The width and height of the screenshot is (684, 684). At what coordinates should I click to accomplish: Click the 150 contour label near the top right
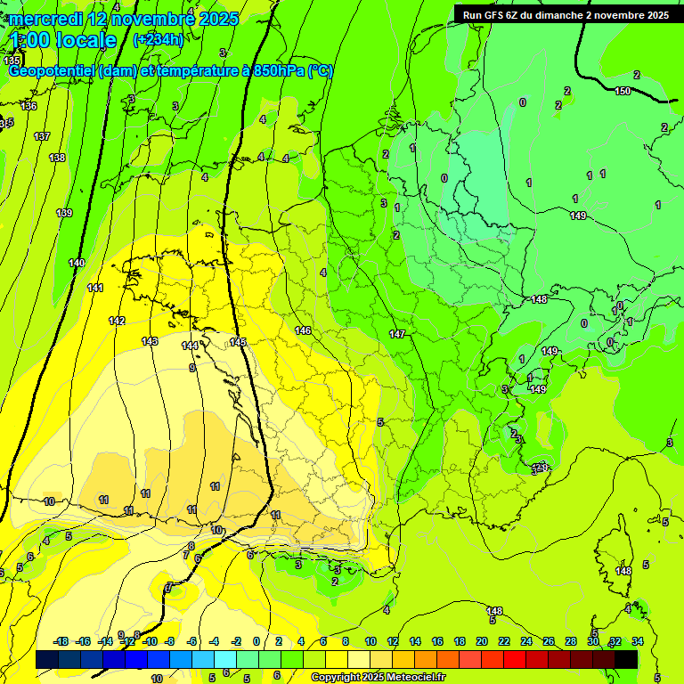click(x=623, y=91)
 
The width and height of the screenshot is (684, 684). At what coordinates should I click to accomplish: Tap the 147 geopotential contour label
click(x=397, y=335)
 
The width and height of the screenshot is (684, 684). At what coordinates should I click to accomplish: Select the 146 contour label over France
click(x=303, y=330)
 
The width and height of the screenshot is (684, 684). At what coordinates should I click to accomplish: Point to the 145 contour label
click(x=238, y=342)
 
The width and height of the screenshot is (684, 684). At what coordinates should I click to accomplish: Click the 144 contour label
click(x=190, y=346)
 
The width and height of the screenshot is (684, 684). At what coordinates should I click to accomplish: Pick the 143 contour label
click(x=150, y=341)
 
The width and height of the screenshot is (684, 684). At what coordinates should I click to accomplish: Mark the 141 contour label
click(x=95, y=288)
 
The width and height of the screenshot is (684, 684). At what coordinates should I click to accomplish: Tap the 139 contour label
click(x=64, y=213)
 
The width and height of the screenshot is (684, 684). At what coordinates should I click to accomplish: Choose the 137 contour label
click(x=41, y=136)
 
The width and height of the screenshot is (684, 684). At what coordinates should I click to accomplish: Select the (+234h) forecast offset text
click(x=158, y=39)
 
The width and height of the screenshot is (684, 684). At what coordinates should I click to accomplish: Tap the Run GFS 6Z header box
click(x=566, y=15)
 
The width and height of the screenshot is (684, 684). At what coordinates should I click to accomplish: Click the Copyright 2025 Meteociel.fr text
click(x=378, y=677)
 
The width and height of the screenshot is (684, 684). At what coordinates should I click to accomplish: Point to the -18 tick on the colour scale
click(x=61, y=641)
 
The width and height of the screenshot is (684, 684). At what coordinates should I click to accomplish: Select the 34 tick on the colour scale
click(x=638, y=641)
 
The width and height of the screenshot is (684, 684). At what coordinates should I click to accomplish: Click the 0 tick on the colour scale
click(x=256, y=641)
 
